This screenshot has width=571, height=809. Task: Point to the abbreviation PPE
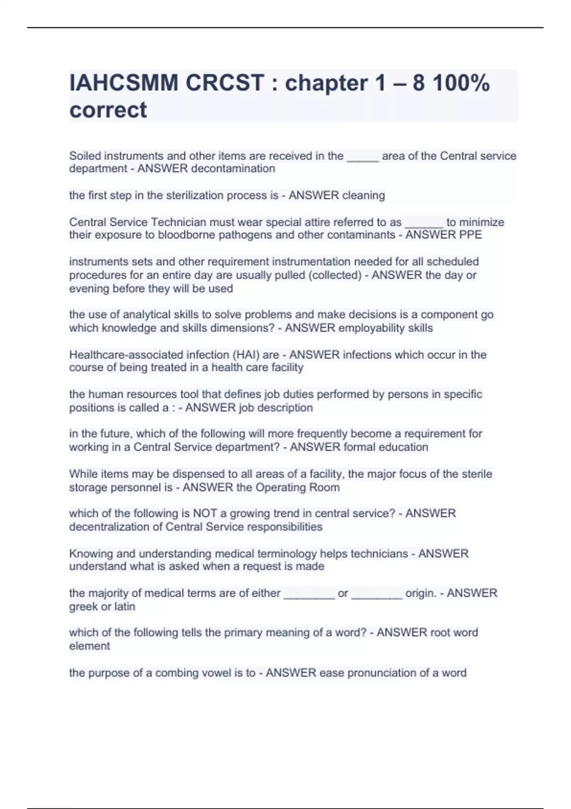[x=471, y=235]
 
